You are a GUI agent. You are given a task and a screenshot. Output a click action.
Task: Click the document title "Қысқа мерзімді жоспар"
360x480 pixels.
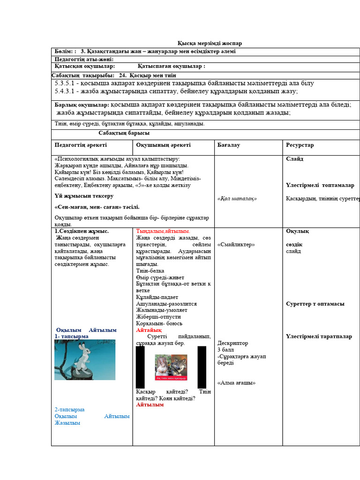[x=209, y=44]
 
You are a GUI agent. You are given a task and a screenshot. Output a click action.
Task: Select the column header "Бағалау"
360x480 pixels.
[x=229, y=145]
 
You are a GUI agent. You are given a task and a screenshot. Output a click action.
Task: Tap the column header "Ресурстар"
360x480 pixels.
[x=300, y=145]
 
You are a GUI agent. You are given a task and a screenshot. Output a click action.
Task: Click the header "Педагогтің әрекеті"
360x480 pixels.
[x=81, y=145]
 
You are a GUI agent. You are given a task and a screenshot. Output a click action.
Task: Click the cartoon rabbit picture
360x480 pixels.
[x=85, y=360]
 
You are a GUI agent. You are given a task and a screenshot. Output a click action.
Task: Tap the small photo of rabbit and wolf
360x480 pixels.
[x=171, y=367]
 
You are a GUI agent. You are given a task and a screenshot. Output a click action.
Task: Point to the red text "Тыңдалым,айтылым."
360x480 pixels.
[x=163, y=232]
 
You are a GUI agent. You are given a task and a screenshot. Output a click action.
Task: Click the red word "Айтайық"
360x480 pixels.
[x=149, y=330]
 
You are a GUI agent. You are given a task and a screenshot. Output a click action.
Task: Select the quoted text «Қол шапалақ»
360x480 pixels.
[x=237, y=198]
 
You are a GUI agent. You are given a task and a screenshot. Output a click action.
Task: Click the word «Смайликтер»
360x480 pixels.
[x=236, y=245]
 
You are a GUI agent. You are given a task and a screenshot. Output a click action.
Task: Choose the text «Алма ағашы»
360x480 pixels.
[x=236, y=382]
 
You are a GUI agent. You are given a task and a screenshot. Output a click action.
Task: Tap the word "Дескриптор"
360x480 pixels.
[x=233, y=343]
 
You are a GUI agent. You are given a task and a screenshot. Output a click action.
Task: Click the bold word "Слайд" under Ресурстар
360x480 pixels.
[x=294, y=159]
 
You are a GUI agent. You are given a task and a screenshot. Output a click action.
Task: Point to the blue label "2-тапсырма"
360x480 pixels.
[x=69, y=410]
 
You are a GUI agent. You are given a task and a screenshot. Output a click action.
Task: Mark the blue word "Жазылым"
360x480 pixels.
[x=67, y=423]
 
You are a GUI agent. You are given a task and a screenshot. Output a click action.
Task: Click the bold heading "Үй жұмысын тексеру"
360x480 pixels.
[x=84, y=196]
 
